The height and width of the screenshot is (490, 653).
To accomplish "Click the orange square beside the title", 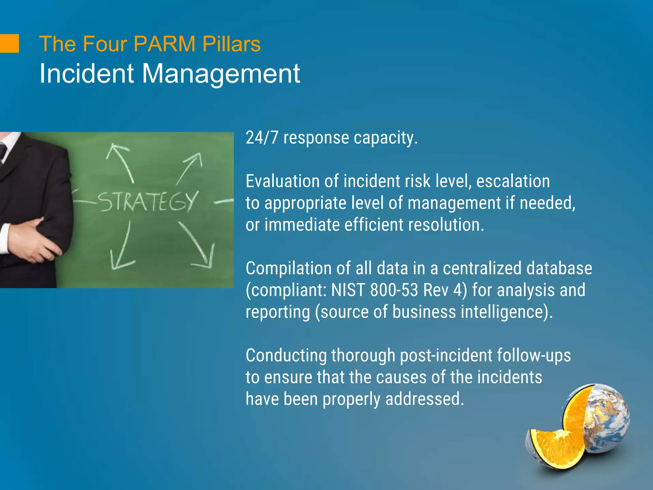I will coord(9,43).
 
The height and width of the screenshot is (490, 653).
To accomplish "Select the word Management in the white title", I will coord(221,74).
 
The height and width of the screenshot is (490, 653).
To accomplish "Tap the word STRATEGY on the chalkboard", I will coord(147,202).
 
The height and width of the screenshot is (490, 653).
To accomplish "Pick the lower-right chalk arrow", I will coord(198,246).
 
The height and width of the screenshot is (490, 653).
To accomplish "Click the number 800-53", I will coord(394,290).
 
